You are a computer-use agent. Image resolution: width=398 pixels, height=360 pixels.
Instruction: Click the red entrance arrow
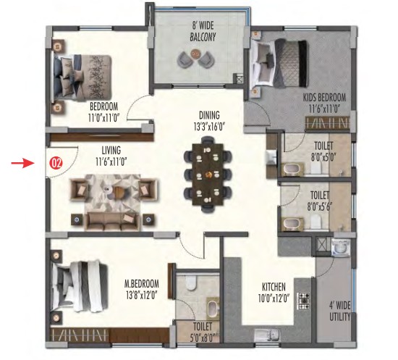pyautogui.click(x=22, y=163)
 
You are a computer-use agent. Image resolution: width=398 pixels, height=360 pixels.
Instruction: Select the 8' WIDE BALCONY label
pyautogui.click(x=203, y=32)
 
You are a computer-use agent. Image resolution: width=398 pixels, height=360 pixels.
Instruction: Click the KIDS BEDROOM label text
pyautogui.click(x=324, y=98)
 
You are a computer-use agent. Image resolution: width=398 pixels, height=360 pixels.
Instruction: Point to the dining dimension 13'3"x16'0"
pyautogui.click(x=209, y=127)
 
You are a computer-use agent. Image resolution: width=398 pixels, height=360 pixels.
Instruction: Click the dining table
pyautogui.click(x=208, y=174)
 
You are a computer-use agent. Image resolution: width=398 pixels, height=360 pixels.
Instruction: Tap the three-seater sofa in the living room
pyautogui.click(x=112, y=221)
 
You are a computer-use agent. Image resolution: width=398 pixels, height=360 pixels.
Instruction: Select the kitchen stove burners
pyautogui.click(x=304, y=301)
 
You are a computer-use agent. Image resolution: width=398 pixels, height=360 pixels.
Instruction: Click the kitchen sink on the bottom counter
pyautogui.click(x=267, y=335)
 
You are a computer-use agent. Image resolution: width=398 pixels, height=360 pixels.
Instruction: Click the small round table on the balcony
pyautogui.click(x=195, y=54)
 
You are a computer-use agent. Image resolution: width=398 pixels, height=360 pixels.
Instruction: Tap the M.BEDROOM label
pyautogui.click(x=141, y=284)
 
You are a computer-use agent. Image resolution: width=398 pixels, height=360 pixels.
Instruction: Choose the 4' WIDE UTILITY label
pyautogui.click(x=340, y=311)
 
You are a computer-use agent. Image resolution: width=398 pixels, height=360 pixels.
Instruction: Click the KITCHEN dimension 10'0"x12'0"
pyautogui.click(x=274, y=298)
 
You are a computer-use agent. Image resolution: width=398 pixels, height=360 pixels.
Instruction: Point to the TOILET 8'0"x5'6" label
pyautogui.click(x=320, y=201)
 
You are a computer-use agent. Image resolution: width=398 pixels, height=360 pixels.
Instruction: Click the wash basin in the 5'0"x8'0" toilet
pyautogui.click(x=213, y=308)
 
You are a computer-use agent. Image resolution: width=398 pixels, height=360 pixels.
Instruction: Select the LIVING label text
pyautogui.click(x=111, y=151)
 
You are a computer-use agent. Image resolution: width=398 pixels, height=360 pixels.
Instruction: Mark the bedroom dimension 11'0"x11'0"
pyautogui.click(x=103, y=118)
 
